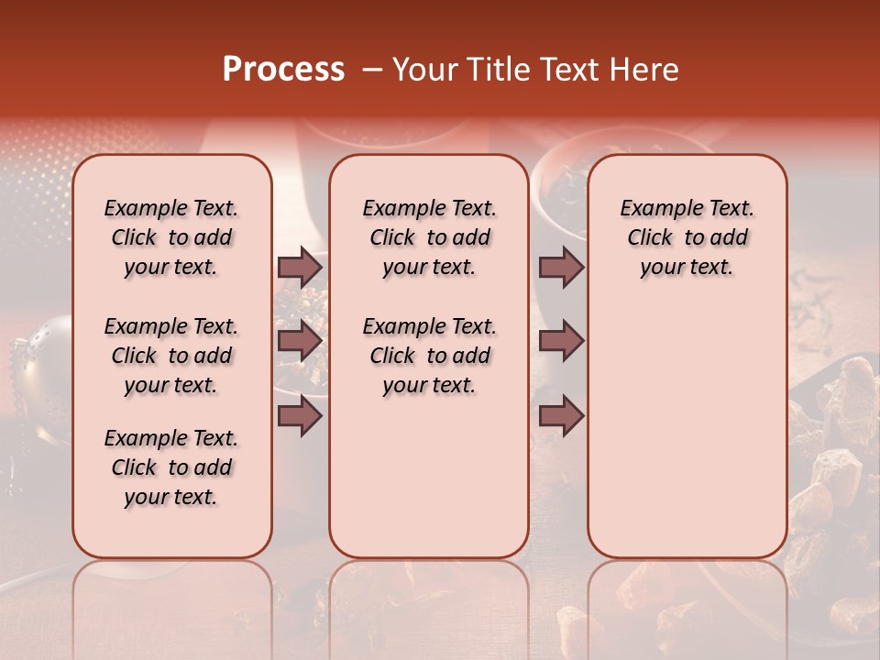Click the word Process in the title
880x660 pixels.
(283, 70)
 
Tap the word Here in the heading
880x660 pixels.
(644, 70)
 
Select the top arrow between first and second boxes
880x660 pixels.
(300, 267)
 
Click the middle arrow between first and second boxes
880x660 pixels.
(300, 341)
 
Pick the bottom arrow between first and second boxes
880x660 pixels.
(300, 415)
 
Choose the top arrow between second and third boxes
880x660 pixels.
(561, 267)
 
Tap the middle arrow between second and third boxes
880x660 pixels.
(561, 341)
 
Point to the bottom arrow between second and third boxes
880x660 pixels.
(561, 415)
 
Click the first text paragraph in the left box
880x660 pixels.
(171, 237)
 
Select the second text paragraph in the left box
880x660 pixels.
(171, 356)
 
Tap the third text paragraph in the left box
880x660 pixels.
(171, 467)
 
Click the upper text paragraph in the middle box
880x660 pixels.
(429, 237)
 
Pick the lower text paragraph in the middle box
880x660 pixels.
(429, 356)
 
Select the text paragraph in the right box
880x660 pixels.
(687, 237)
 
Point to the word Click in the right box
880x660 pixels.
(650, 238)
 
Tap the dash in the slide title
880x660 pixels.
(372, 70)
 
